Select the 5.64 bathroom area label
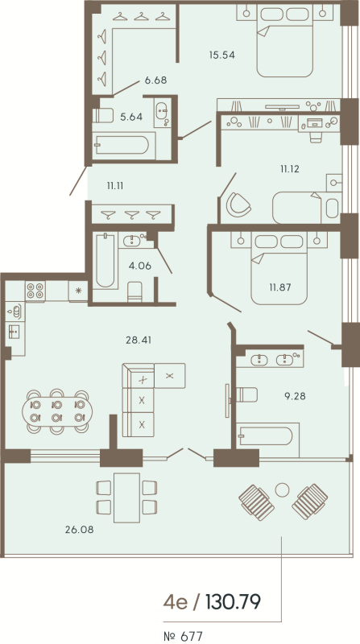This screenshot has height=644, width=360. click(x=130, y=117)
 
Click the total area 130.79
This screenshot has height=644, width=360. click(x=233, y=601)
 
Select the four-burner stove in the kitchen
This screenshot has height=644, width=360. click(x=35, y=291)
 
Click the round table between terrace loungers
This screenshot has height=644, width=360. click(x=282, y=489)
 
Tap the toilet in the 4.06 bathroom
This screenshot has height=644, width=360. click(x=135, y=288)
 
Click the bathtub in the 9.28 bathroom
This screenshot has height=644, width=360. click(x=267, y=436)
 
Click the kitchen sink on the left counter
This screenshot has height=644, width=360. click(x=14, y=330)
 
